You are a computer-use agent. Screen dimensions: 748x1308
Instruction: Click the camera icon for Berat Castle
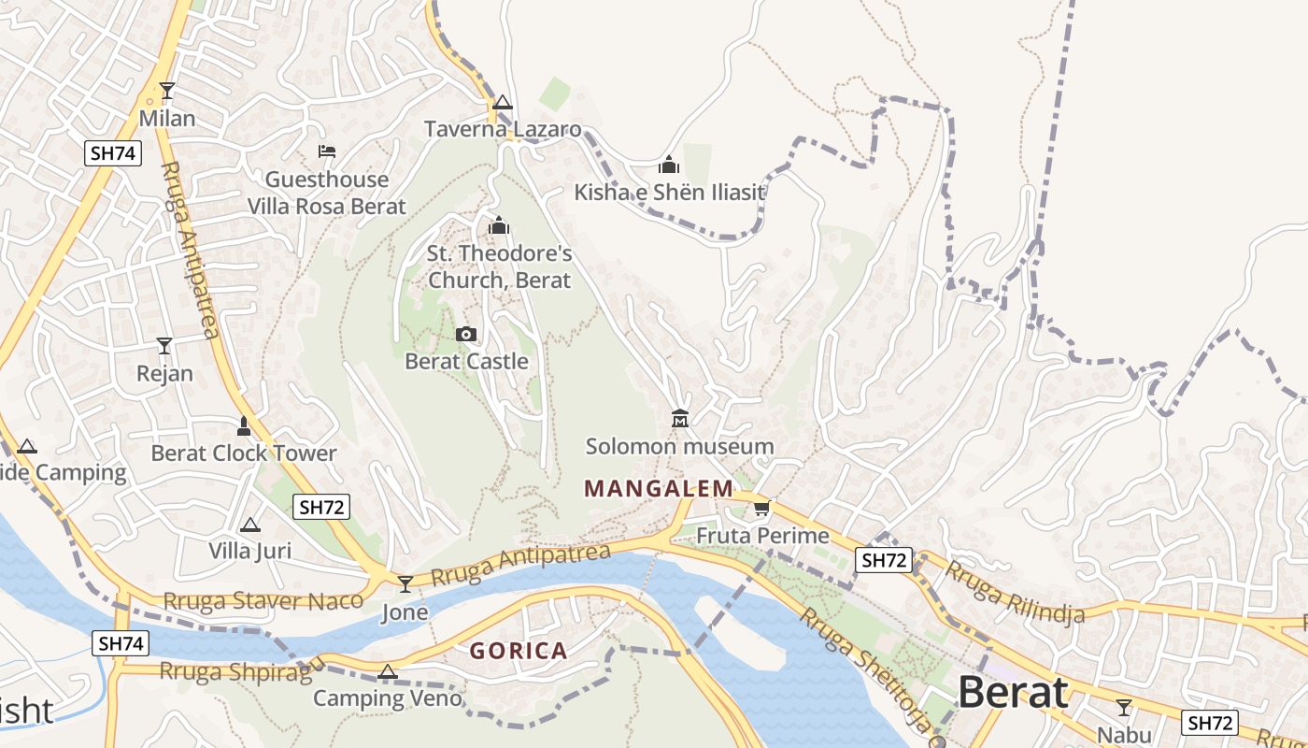coord(465,335)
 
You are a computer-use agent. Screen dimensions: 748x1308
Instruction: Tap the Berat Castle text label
coord(466,361)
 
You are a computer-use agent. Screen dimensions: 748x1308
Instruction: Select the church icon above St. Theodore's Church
coord(499,226)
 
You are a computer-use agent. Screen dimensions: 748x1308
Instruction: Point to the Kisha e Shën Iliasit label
coord(669,193)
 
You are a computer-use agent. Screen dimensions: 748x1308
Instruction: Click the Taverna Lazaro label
coord(503,129)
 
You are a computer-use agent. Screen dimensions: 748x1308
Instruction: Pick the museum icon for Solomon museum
coord(680,418)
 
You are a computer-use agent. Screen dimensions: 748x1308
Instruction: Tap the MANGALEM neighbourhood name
coord(659,488)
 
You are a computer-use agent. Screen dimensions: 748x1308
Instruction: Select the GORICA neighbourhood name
coord(519,651)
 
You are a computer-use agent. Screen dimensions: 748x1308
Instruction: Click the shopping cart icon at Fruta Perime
coord(762,509)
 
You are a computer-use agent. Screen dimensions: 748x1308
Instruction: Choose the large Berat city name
coord(1013,693)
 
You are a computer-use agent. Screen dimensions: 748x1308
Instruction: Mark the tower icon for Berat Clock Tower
coord(244,426)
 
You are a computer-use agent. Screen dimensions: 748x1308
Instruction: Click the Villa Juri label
coord(249,551)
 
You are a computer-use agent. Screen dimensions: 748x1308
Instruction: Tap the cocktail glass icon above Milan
coord(167,91)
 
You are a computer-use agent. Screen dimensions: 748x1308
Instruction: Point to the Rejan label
coord(164,374)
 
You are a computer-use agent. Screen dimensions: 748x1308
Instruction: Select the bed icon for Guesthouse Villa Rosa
coord(326,151)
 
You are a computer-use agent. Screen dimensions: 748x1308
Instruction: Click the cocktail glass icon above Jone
coord(405,584)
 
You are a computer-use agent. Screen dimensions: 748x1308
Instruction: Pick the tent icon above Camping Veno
coord(388,671)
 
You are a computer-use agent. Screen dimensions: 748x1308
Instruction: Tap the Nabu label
coord(1124,735)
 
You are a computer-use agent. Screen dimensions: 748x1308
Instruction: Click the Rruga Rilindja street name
coord(1014,591)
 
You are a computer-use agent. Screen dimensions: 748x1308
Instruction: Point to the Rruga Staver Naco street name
coord(263,601)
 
